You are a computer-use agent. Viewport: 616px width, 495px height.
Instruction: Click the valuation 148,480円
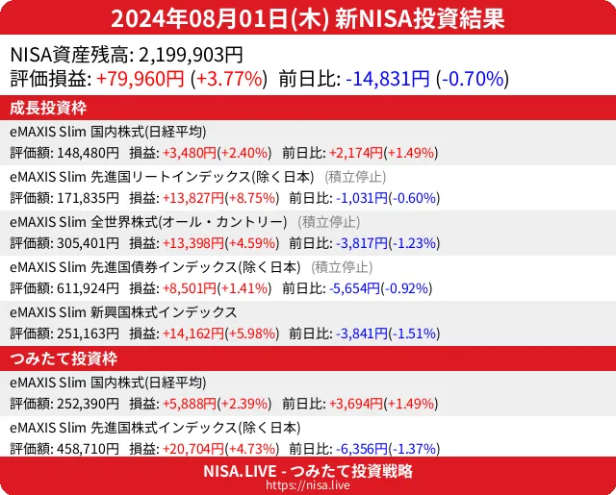click(88, 152)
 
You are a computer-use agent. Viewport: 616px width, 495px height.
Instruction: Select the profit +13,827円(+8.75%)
click(221, 198)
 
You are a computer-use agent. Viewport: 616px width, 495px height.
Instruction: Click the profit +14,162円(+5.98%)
click(221, 333)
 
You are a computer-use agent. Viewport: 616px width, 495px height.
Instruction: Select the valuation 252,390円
click(88, 404)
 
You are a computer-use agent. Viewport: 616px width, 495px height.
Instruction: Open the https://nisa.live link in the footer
click(308, 486)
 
